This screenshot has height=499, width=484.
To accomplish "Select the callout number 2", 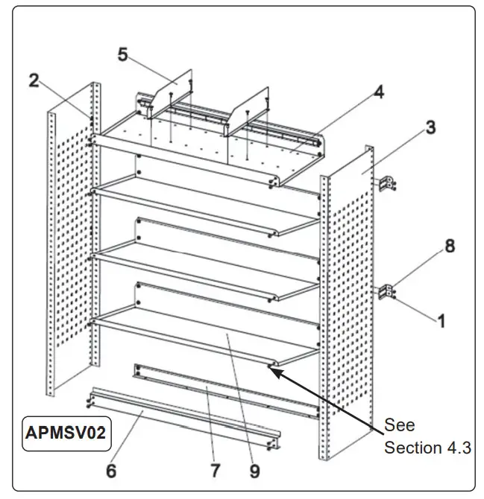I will pyautogui.click(x=34, y=80).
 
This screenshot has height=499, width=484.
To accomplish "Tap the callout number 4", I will pyautogui.click(x=379, y=92).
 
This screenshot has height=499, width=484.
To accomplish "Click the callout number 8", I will pyautogui.click(x=450, y=247).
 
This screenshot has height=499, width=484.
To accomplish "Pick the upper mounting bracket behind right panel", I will pyautogui.click(x=389, y=184).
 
